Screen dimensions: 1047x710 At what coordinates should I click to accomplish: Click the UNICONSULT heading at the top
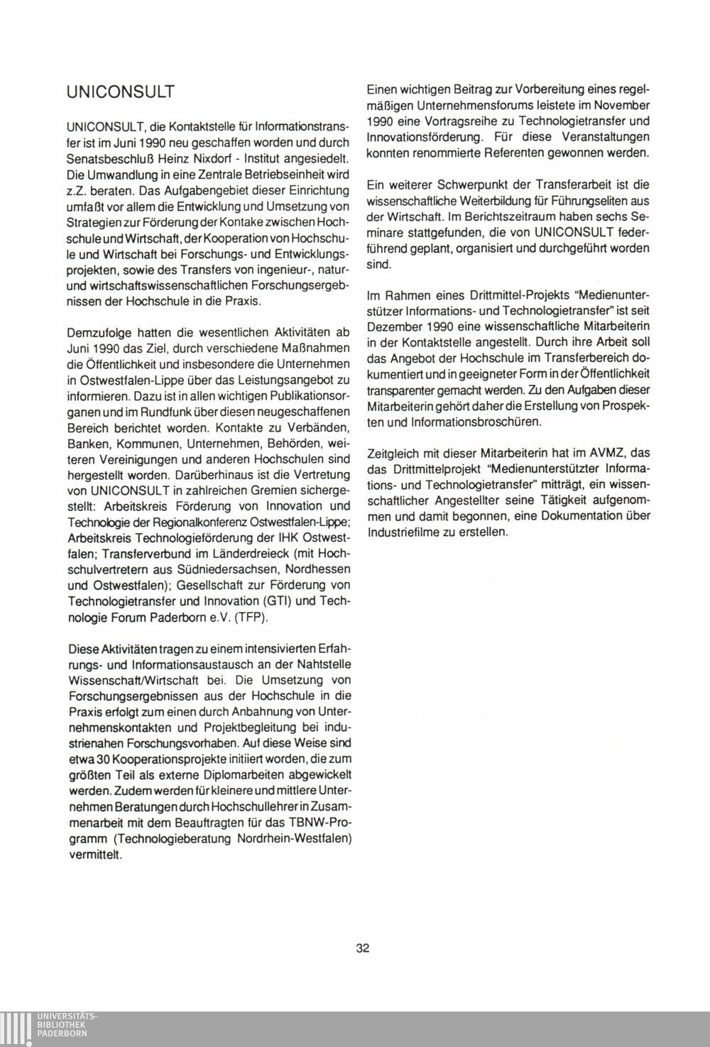pos(119,92)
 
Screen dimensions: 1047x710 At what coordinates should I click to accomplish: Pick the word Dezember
pos(394,326)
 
